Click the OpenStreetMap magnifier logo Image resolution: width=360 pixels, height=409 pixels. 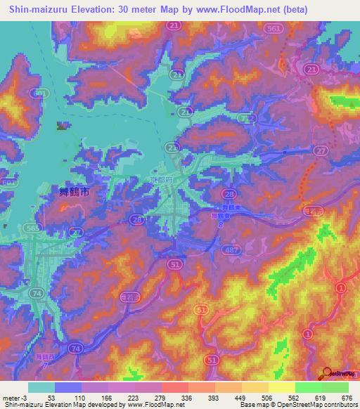(329, 374)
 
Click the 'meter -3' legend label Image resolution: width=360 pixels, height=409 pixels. (15, 396)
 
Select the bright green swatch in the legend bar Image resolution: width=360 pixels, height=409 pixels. (308, 387)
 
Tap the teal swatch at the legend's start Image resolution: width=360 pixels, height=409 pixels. (41, 387)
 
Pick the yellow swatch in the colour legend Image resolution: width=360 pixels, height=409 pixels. (281, 387)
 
